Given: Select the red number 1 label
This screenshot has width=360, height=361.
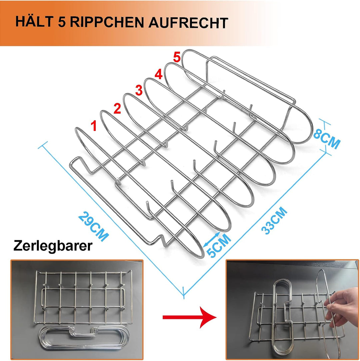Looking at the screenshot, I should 94,126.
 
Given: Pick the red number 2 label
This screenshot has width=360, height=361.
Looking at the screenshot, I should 117,109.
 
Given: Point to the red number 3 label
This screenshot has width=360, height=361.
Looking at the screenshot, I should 138,90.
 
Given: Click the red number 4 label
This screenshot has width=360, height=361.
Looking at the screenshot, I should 158,74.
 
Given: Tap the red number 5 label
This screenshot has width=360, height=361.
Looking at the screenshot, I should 177,57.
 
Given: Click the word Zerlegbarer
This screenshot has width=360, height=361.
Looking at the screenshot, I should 53,246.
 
